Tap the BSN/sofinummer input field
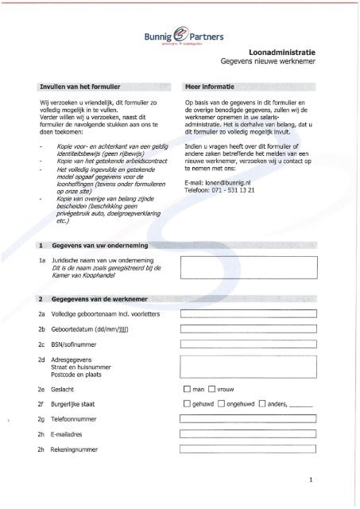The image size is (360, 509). click(249, 344)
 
